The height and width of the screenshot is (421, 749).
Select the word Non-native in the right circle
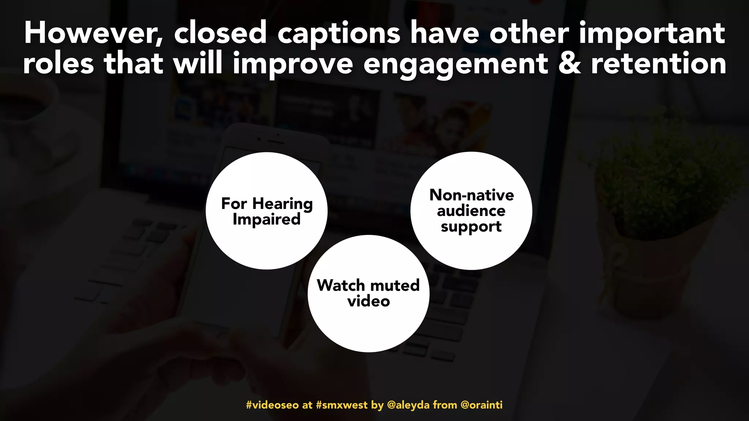(471, 195)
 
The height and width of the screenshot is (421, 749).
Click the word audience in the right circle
(471, 211)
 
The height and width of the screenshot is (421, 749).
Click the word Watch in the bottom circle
(341, 285)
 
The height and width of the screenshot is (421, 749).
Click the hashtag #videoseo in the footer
(272, 405)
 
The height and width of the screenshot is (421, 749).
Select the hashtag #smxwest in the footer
(342, 405)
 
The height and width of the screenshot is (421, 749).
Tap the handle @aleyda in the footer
(408, 405)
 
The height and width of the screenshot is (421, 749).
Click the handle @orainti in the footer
(481, 405)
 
